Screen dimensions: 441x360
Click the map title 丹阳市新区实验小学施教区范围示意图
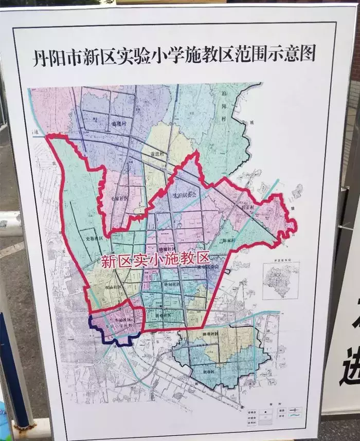pos(174,53)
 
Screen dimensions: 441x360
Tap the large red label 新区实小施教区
pos(155,259)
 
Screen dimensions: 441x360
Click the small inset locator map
pos(280,280)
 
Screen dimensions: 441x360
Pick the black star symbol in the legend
pos(267,412)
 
